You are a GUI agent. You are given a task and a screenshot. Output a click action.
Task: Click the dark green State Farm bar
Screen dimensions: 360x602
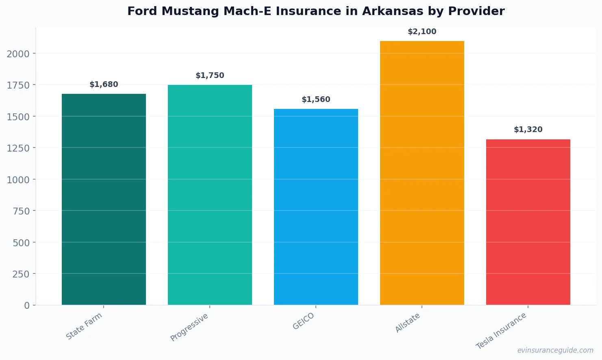coord(104,199)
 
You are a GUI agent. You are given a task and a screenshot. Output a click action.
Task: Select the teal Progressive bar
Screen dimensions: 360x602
coord(210,195)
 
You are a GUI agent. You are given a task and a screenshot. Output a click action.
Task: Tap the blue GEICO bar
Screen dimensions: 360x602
coord(316,207)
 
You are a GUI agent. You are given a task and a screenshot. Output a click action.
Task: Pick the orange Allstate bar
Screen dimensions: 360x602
coord(422,173)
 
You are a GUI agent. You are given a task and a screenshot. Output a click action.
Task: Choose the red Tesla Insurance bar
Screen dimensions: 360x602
coord(528,222)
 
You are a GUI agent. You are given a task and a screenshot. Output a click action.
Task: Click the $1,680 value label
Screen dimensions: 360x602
coord(104,85)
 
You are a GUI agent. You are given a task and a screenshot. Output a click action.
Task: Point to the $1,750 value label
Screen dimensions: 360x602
coord(210,76)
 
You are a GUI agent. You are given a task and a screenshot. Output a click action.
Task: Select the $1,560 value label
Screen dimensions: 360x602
coord(316,100)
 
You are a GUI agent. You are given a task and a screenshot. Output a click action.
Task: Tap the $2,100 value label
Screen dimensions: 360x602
coord(422,32)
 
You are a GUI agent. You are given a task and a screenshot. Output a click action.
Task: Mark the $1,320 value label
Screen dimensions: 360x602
coord(528,130)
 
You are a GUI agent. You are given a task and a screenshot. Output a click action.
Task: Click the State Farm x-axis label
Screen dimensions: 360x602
coord(84,326)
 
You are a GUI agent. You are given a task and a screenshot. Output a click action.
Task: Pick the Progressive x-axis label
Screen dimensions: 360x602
coord(189,327)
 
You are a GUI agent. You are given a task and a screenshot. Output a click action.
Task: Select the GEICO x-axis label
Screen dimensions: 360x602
coord(304,321)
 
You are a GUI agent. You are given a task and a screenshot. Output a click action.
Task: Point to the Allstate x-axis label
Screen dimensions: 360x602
coord(408,323)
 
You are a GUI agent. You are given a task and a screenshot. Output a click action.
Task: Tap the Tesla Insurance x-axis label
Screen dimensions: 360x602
coord(501,331)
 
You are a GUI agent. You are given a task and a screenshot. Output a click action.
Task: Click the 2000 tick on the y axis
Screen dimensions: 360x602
coord(18,54)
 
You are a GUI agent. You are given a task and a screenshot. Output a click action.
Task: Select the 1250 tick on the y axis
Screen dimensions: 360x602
coord(18,148)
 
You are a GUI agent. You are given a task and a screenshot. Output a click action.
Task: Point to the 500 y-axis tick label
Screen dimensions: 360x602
coord(21,243)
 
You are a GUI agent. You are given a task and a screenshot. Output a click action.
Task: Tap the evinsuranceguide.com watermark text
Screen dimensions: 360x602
coord(555,350)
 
